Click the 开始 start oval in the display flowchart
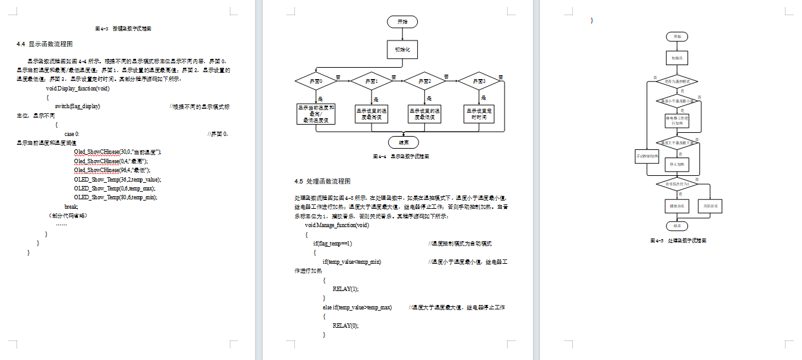pos(402,22)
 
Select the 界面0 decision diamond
pos(316,82)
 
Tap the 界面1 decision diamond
pos(370,82)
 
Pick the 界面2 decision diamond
pos(425,82)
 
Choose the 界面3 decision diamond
pos(479,82)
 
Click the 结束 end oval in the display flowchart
pos(402,142)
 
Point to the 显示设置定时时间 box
pos(479,113)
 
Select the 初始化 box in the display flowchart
pos(402,49)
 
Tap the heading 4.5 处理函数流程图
pos(327,182)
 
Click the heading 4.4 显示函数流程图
pos(45,44)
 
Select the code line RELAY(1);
pos(345,289)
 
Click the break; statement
pos(71,207)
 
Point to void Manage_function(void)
pos(337,225)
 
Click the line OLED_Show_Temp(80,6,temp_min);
pos(115,197)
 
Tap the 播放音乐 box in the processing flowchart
pos(677,206)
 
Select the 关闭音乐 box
pos(710,206)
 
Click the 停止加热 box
pos(677,163)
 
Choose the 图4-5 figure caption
pos(678,241)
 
